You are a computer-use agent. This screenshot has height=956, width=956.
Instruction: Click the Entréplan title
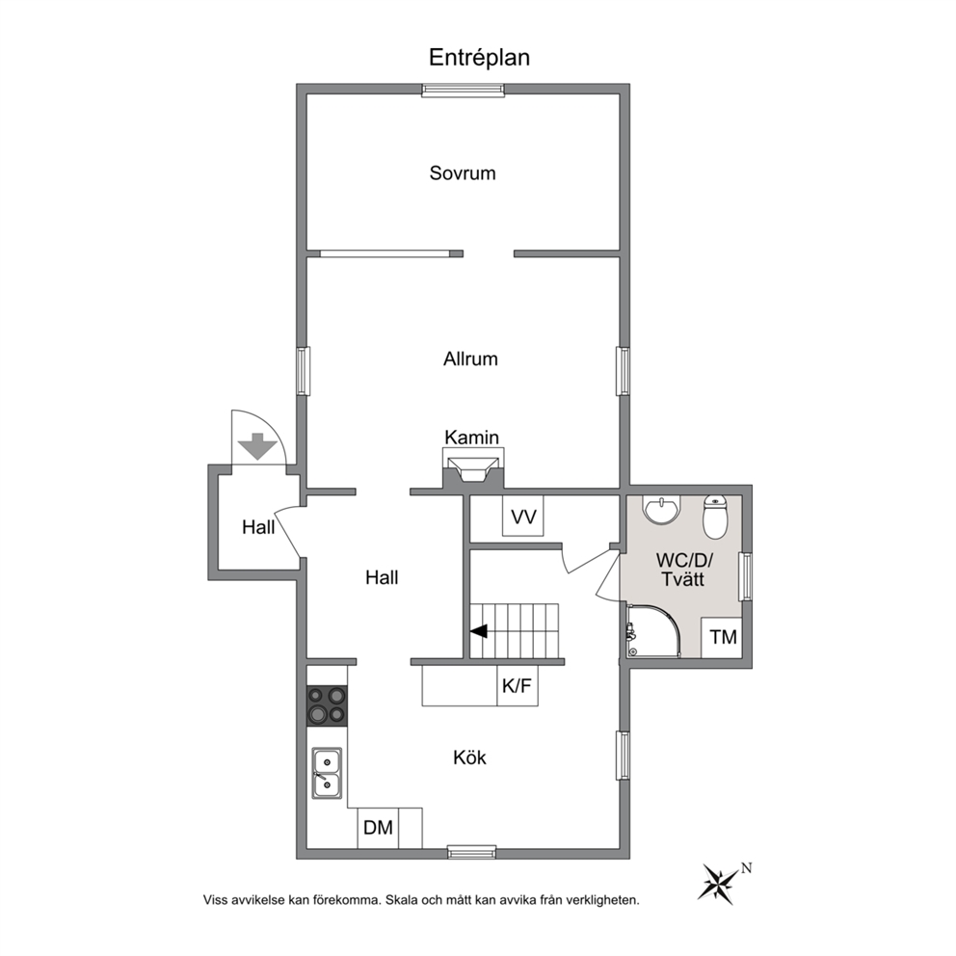479,58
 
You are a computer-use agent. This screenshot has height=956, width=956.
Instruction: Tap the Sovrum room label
463,173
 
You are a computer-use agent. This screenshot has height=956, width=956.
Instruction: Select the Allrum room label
470,358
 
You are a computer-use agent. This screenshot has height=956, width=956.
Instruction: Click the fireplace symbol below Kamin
473,469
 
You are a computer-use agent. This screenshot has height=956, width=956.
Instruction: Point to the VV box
522,517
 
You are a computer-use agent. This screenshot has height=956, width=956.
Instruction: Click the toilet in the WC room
715,517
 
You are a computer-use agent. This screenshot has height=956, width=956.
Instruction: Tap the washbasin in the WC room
662,510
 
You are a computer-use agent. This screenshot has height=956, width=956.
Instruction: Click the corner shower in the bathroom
652,631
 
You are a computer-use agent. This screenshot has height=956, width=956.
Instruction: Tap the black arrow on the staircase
479,631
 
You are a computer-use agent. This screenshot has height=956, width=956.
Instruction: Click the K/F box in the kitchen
517,686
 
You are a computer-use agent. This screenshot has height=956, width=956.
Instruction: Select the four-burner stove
327,705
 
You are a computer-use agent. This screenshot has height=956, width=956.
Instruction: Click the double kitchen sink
327,773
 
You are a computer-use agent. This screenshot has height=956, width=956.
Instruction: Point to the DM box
378,828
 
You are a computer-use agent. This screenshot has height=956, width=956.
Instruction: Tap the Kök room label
469,757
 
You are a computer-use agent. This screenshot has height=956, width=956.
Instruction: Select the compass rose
720,883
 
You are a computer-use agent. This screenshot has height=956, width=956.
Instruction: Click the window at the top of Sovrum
464,91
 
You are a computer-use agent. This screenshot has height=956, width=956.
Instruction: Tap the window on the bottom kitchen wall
471,852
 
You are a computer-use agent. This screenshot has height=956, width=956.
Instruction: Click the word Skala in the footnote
401,900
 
